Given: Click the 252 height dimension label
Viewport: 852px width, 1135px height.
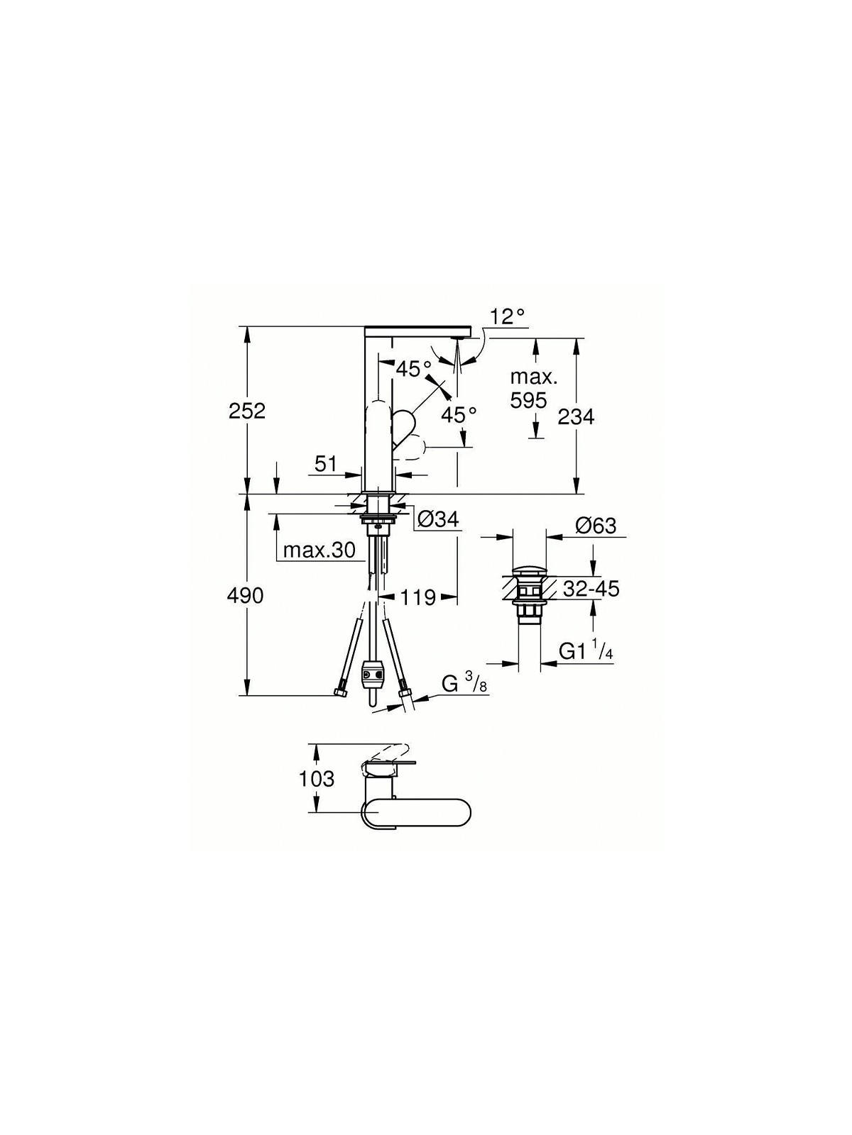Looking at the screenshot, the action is click(x=247, y=411).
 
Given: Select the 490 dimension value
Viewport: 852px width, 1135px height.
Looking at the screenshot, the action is click(x=245, y=596).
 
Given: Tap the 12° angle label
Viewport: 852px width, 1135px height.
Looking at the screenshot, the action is click(x=508, y=316).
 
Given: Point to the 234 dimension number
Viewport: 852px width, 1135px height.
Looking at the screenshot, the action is click(x=577, y=416).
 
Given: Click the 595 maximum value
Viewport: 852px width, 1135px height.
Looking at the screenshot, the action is click(x=528, y=400).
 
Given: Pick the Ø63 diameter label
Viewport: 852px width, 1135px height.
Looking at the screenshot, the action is click(x=596, y=526).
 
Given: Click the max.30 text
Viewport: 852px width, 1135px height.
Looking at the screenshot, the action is click(x=319, y=550).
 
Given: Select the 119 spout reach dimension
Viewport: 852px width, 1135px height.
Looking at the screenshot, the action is click(x=418, y=598).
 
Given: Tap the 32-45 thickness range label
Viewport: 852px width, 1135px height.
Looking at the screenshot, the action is click(x=591, y=589).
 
